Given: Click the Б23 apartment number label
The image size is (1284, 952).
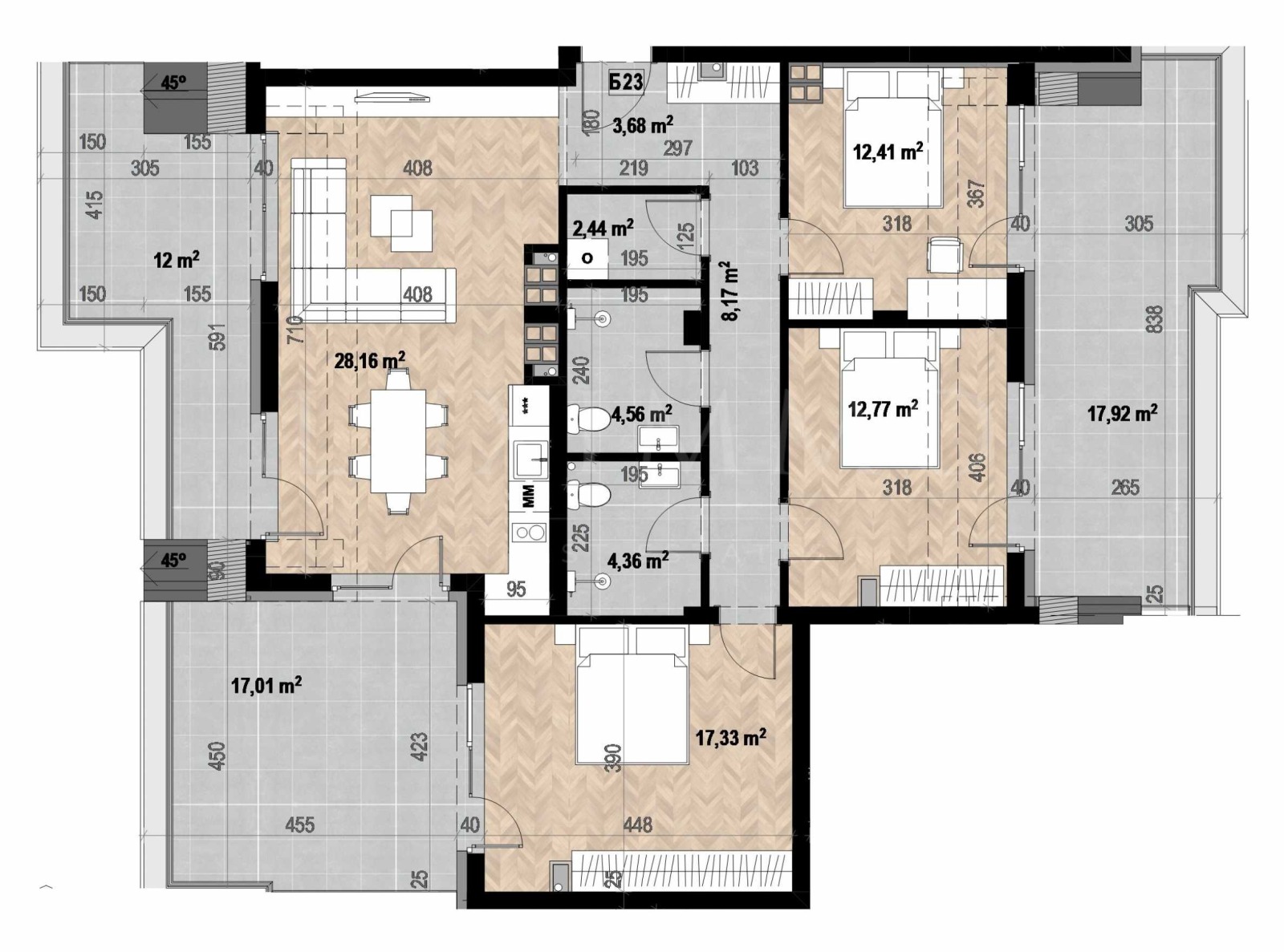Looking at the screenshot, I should (x=626, y=82).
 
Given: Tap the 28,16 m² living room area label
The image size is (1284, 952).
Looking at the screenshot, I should (x=369, y=361).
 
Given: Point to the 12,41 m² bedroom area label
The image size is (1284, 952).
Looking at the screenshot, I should (x=888, y=151).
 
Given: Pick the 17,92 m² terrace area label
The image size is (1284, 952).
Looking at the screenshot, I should (x=1122, y=413).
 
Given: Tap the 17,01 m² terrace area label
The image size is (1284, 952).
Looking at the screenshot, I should (x=266, y=685).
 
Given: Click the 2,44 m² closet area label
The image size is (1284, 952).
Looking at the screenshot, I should (x=603, y=229).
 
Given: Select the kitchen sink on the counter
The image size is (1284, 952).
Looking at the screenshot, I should (x=530, y=460).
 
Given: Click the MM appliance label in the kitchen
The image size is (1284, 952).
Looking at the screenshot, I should (x=529, y=496).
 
